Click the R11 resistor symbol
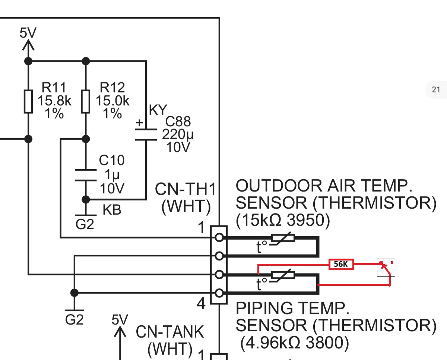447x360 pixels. [28, 101]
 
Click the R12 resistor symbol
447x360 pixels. [86, 101]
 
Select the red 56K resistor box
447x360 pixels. [341, 265]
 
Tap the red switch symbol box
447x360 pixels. [386, 268]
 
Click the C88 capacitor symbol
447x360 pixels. [146, 135]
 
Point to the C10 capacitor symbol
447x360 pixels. [86, 176]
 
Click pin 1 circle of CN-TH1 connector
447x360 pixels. [219, 237]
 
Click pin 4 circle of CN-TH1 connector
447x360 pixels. [219, 293]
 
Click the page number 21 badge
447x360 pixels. [436, 89]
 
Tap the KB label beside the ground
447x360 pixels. [112, 210]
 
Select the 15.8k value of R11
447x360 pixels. [54, 101]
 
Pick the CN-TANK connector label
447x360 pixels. [170, 332]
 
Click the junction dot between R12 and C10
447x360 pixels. [86, 139]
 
